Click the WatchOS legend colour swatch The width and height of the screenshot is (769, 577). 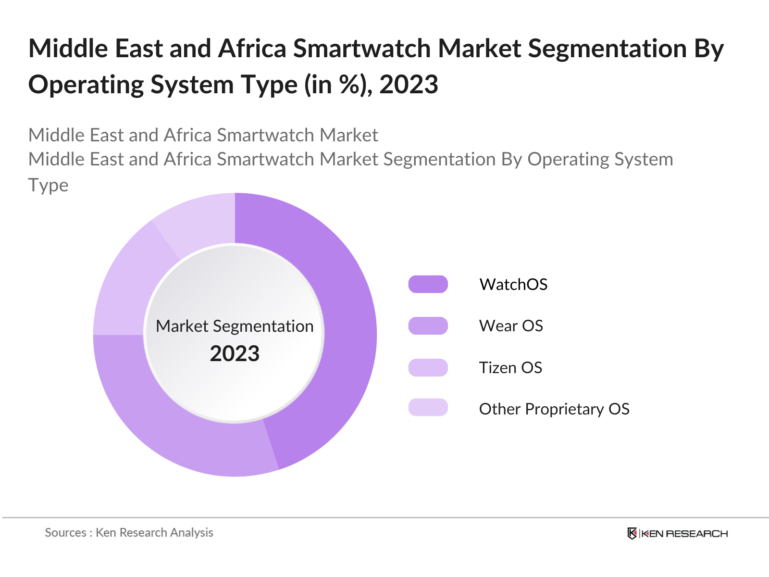[428, 284]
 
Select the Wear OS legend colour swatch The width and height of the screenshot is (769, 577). [428, 326]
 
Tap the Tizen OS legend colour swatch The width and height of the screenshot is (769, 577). [428, 367]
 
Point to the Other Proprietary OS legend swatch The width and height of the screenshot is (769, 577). [428, 408]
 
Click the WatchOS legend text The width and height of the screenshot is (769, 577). [513, 284]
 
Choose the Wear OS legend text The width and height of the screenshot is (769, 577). [511, 326]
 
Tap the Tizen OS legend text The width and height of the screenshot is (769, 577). [510, 367]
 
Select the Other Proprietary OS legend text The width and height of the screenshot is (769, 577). [554, 409]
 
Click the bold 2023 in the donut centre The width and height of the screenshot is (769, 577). [235, 354]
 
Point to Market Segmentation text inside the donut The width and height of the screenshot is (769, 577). [235, 326]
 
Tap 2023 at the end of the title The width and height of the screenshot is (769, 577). [409, 85]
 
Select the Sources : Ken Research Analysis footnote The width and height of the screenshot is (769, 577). [129, 532]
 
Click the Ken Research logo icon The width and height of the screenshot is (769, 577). [633, 533]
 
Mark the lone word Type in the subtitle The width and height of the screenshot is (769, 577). [48, 185]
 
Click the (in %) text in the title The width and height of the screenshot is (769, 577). [337, 85]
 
